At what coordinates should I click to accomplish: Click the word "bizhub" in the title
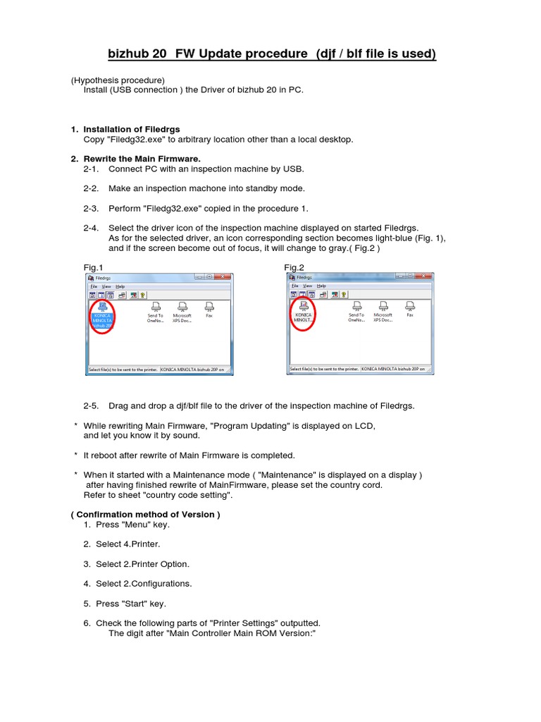tap(130, 54)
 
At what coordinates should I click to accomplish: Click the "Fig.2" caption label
tap(294, 267)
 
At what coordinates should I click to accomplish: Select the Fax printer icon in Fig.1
tap(209, 308)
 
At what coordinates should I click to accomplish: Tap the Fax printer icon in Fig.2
tap(410, 308)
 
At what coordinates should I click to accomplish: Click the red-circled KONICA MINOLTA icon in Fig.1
tap(102, 315)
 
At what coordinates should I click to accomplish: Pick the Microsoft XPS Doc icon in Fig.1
tap(182, 310)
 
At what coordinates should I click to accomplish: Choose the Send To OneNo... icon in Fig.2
tap(357, 310)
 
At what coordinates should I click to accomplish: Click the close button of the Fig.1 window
tap(223, 278)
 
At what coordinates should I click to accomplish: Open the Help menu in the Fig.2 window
tap(321, 286)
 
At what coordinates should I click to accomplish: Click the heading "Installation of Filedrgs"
tap(132, 130)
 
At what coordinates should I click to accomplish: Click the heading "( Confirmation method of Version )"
tap(145, 515)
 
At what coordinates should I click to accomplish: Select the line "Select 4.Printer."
tap(128, 544)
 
